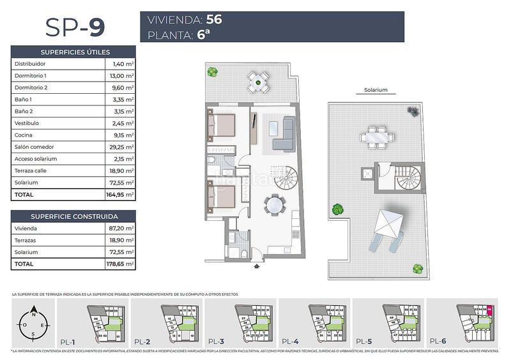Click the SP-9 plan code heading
pos(75,27)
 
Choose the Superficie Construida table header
pos(75,216)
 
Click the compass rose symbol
pos(33,324)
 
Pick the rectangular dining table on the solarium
pos(373,136)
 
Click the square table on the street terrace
pos(258,80)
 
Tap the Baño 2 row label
pos(22,112)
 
